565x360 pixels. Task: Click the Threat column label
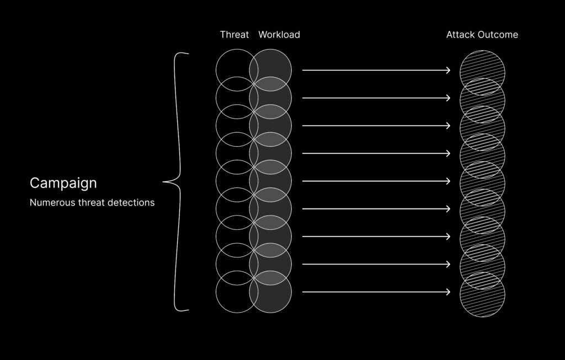point(234,35)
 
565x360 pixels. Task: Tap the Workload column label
point(279,35)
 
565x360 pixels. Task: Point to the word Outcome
point(498,35)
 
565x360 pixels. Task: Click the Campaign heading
point(63,183)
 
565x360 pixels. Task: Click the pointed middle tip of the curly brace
point(164,182)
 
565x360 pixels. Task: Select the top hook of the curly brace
point(184,54)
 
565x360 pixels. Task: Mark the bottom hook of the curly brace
point(184,310)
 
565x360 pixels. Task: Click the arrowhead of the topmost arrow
point(448,71)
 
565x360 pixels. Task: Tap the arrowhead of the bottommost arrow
point(448,292)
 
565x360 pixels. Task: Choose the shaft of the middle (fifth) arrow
point(375,181)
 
